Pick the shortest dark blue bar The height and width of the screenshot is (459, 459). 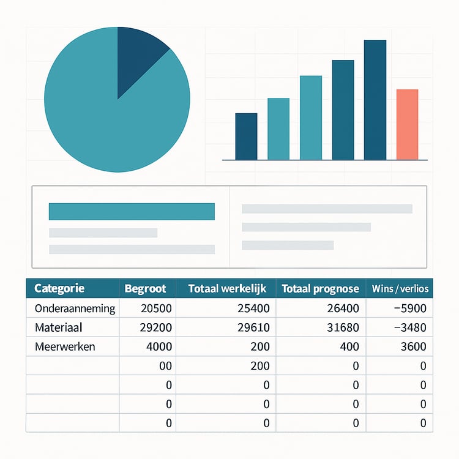tap(246, 136)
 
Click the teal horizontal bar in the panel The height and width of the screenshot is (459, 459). tap(132, 211)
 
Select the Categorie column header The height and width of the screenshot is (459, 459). tap(59, 288)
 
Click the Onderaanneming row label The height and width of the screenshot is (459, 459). tap(75, 308)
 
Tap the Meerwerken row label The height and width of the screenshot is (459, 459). tap(65, 346)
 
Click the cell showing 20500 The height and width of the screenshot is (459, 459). tap(157, 308)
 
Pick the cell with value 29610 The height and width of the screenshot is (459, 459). tap(252, 327)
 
